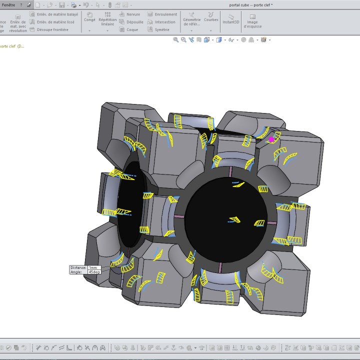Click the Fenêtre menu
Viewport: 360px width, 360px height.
coord(8,4)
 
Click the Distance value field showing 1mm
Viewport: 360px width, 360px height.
coord(93,268)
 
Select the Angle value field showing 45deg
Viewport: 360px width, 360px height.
coord(93,272)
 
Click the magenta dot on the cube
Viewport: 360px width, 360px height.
coord(271,139)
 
